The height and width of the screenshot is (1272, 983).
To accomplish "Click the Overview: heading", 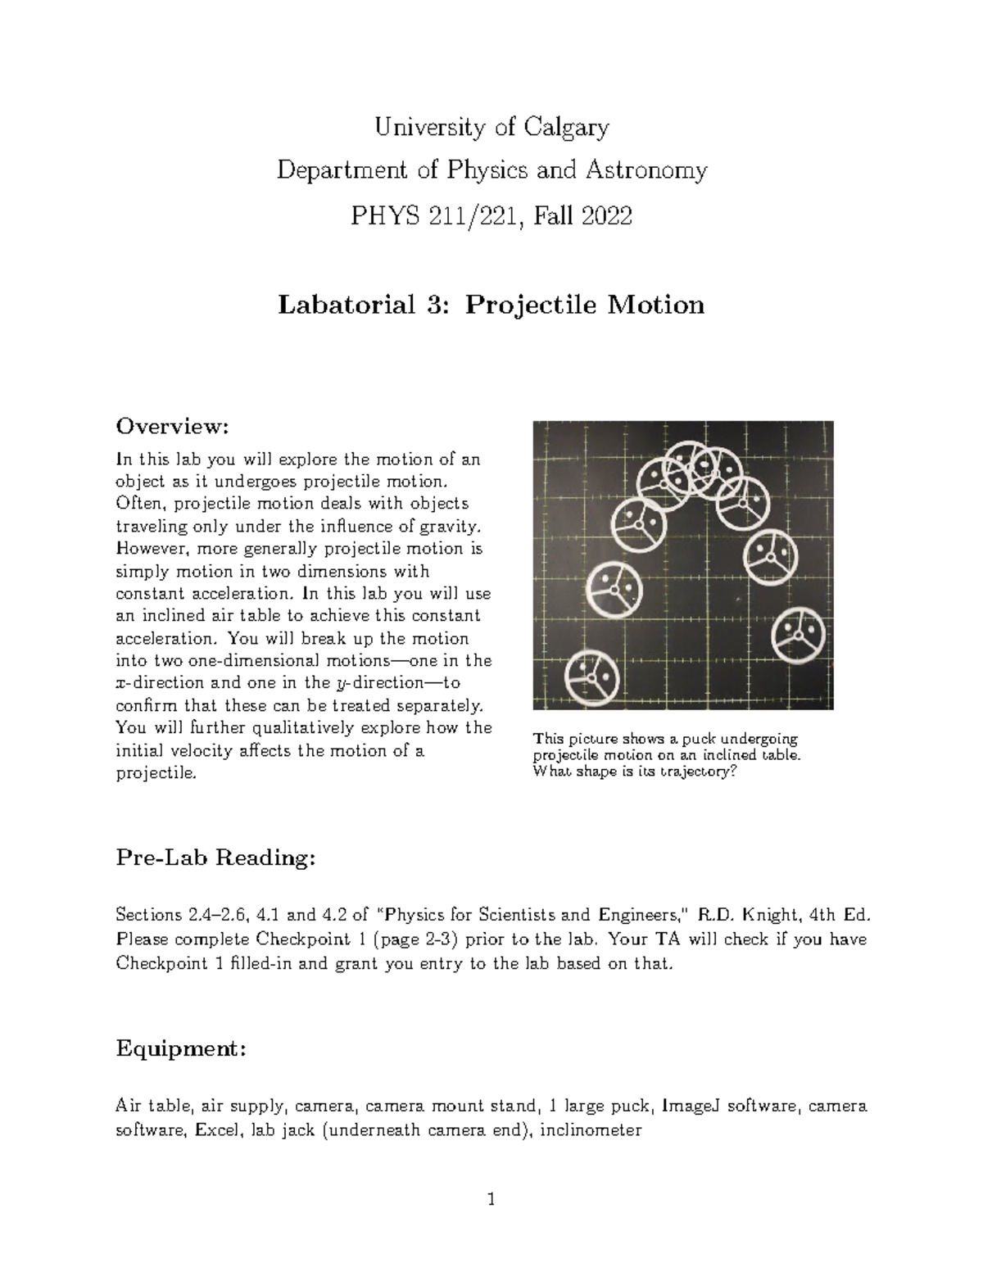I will coord(170,427).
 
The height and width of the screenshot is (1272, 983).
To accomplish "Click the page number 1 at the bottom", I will coord(491,1201).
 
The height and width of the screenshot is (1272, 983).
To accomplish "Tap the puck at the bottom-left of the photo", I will coord(592,677).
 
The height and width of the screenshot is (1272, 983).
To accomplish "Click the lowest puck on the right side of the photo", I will coord(800,636).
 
